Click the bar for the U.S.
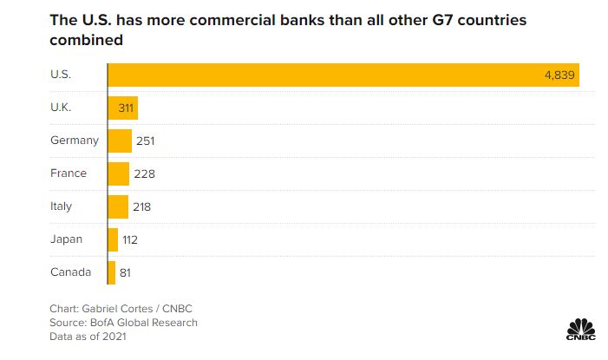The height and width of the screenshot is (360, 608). pos(343,75)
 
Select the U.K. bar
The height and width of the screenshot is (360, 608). pos(122,108)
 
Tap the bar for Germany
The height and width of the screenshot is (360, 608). pos(120,141)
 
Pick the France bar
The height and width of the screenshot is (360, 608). pos(119,173)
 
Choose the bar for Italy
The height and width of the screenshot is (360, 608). pos(118,206)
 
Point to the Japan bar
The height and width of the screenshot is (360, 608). pos(113,239)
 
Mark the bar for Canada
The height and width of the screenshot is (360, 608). pos(111,272)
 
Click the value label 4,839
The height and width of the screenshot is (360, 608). pos(559,75)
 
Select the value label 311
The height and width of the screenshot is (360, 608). pos(122,108)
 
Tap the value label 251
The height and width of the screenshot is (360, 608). pos(145,141)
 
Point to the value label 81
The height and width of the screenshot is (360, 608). pos(126,272)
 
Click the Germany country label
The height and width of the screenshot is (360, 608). pos(75,141)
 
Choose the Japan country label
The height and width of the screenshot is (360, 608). pos(67,239)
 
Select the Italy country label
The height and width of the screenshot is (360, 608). pos(62,206)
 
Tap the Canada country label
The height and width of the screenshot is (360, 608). pos(70,272)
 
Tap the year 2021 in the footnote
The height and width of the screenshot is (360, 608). pos(113,337)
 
